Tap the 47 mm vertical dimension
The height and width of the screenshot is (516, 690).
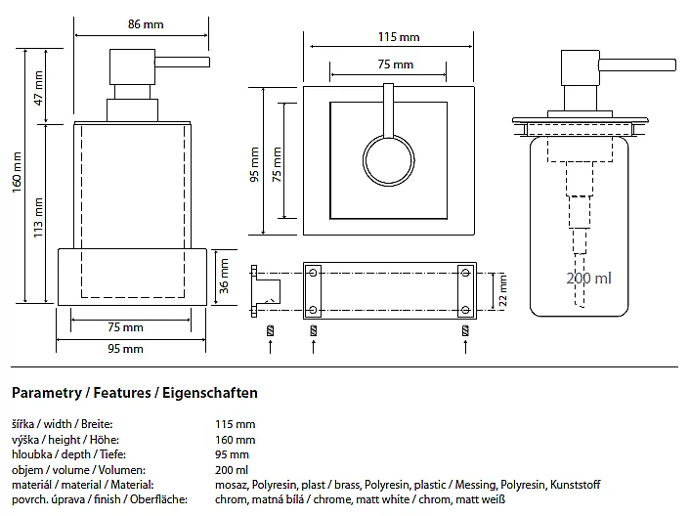[40, 87]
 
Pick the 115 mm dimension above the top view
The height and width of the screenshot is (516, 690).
[399, 37]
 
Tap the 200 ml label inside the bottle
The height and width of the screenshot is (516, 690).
[589, 278]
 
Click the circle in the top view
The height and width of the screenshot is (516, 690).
[389, 158]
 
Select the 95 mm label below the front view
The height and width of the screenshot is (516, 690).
[125, 349]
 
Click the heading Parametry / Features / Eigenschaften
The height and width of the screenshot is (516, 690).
[135, 393]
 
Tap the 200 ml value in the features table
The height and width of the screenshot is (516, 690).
[232, 469]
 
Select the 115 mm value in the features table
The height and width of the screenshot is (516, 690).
[235, 423]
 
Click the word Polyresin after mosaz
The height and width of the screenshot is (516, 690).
[270, 485]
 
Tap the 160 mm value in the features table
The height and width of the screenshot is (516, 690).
[235, 439]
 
